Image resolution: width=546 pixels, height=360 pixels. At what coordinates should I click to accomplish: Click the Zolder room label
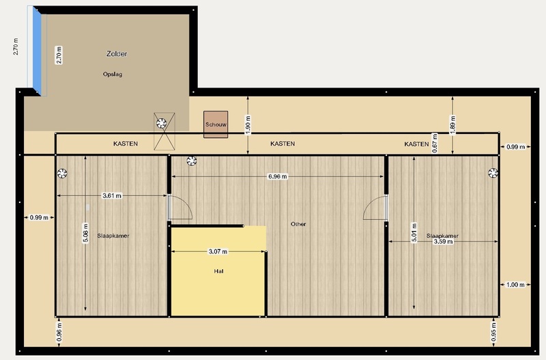[x=117, y=54]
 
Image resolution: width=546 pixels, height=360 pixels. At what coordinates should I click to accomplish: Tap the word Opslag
[x=113, y=74]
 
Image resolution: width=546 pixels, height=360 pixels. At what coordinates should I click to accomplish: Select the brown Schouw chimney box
[x=216, y=124]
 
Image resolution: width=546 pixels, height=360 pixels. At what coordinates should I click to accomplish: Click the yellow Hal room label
[x=218, y=271]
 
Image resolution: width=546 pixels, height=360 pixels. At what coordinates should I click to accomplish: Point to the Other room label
[x=298, y=224]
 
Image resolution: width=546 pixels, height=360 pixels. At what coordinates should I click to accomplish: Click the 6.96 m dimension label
[x=278, y=177]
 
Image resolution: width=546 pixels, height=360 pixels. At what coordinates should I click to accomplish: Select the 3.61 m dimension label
[x=112, y=196]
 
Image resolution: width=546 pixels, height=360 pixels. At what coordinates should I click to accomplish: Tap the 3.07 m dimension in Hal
[x=218, y=251]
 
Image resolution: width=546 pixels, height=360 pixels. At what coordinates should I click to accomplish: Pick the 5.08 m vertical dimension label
[x=86, y=233]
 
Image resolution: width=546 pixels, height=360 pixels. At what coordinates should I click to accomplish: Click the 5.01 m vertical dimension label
[x=414, y=232]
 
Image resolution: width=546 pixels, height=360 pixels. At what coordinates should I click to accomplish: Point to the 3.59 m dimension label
[x=443, y=242]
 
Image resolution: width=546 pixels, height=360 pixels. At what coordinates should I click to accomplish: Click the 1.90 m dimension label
[x=248, y=125]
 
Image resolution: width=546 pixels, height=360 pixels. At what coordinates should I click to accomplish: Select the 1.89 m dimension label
[x=452, y=125]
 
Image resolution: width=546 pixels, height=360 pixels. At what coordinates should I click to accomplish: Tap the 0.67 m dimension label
[x=435, y=143]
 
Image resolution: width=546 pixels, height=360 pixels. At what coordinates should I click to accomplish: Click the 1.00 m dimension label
[x=515, y=285]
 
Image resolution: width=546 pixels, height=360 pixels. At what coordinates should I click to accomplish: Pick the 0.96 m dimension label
[x=59, y=332]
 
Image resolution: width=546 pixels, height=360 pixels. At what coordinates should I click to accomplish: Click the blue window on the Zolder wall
[x=37, y=51]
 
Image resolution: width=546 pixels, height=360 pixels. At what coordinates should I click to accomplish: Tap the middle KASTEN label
[x=283, y=143]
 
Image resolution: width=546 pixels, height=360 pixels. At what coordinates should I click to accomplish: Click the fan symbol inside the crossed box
[x=162, y=124]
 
